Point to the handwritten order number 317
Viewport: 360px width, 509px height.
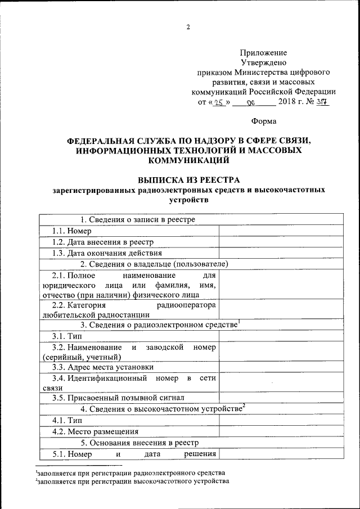click(322, 102)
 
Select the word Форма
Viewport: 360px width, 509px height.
click(263, 121)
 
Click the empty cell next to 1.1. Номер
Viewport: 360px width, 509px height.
click(281, 231)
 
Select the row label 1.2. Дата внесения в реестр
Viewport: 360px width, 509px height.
click(102, 242)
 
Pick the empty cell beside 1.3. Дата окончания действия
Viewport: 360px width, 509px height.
click(281, 253)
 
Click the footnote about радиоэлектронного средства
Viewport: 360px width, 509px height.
click(130, 472)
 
